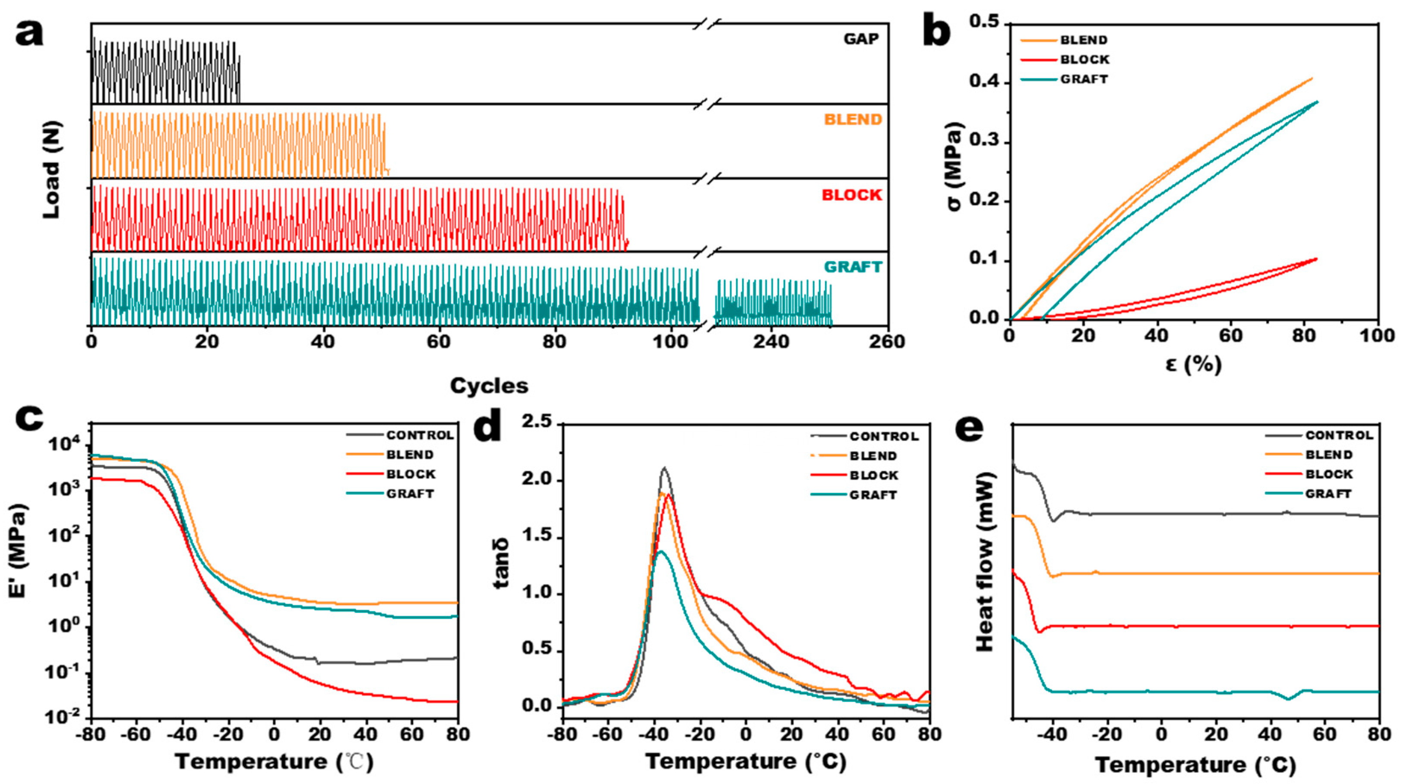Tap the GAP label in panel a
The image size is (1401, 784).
point(861,39)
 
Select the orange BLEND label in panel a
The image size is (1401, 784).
point(853,120)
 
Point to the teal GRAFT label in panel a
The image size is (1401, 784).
point(853,267)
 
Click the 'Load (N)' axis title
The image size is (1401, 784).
point(52,170)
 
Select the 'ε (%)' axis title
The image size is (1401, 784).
point(1194,364)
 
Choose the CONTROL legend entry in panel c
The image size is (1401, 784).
point(419,435)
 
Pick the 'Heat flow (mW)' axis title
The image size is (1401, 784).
point(985,562)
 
